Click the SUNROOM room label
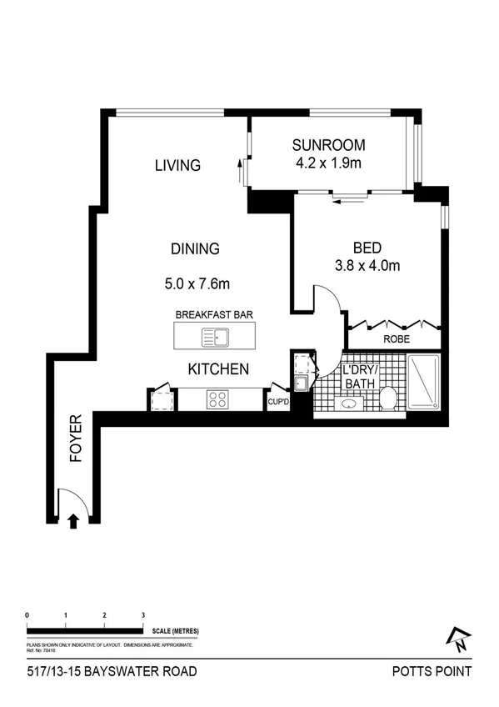pos(329,145)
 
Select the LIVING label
pos(177,165)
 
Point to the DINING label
pos(194,248)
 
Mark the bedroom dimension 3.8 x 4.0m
pos(367,267)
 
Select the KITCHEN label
pos(217,369)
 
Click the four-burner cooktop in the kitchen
pos(218,399)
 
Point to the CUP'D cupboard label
pos(278,403)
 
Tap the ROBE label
pos(396,339)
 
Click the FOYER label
pos(75,437)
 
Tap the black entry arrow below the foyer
pos(73,522)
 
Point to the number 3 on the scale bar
pos(143,614)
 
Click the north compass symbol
pos(458,639)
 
